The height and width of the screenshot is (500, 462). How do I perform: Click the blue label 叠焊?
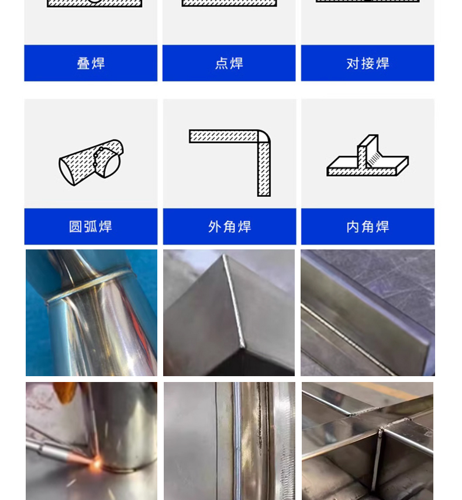(x=91, y=63)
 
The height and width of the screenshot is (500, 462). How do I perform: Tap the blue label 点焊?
(x=229, y=63)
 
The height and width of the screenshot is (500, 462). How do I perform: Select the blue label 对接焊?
(x=367, y=63)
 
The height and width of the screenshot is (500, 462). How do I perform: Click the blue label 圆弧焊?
(x=91, y=227)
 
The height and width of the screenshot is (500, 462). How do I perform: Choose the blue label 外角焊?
(x=229, y=227)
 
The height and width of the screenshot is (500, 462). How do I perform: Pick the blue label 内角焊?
(x=367, y=227)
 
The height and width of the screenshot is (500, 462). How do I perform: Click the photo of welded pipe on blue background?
(x=91, y=312)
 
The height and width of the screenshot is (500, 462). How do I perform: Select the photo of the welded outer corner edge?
(x=229, y=312)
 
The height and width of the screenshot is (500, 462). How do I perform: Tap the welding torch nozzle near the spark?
(x=82, y=456)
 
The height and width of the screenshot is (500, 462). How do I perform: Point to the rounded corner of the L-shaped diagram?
(x=264, y=136)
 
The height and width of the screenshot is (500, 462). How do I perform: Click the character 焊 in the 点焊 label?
(x=236, y=63)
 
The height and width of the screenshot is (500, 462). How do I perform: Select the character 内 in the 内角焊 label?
(x=353, y=227)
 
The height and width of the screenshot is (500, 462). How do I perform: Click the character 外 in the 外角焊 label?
(x=215, y=227)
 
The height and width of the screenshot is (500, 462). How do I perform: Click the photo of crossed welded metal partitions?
(x=367, y=441)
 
